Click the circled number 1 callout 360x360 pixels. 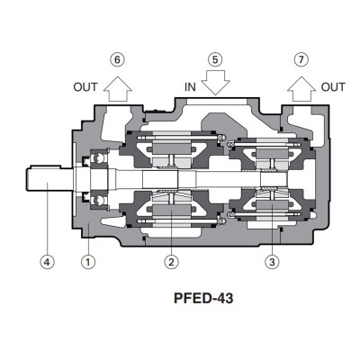click(88, 263)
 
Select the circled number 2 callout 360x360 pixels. click(169, 263)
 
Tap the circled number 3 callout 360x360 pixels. click(270, 263)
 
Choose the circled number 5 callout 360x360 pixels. click(214, 59)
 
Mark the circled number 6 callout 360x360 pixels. click(117, 59)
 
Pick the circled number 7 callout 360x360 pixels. click(301, 59)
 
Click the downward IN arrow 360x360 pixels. click(214, 85)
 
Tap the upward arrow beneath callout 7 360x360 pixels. click(301, 86)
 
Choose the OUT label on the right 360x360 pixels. click(333, 87)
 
